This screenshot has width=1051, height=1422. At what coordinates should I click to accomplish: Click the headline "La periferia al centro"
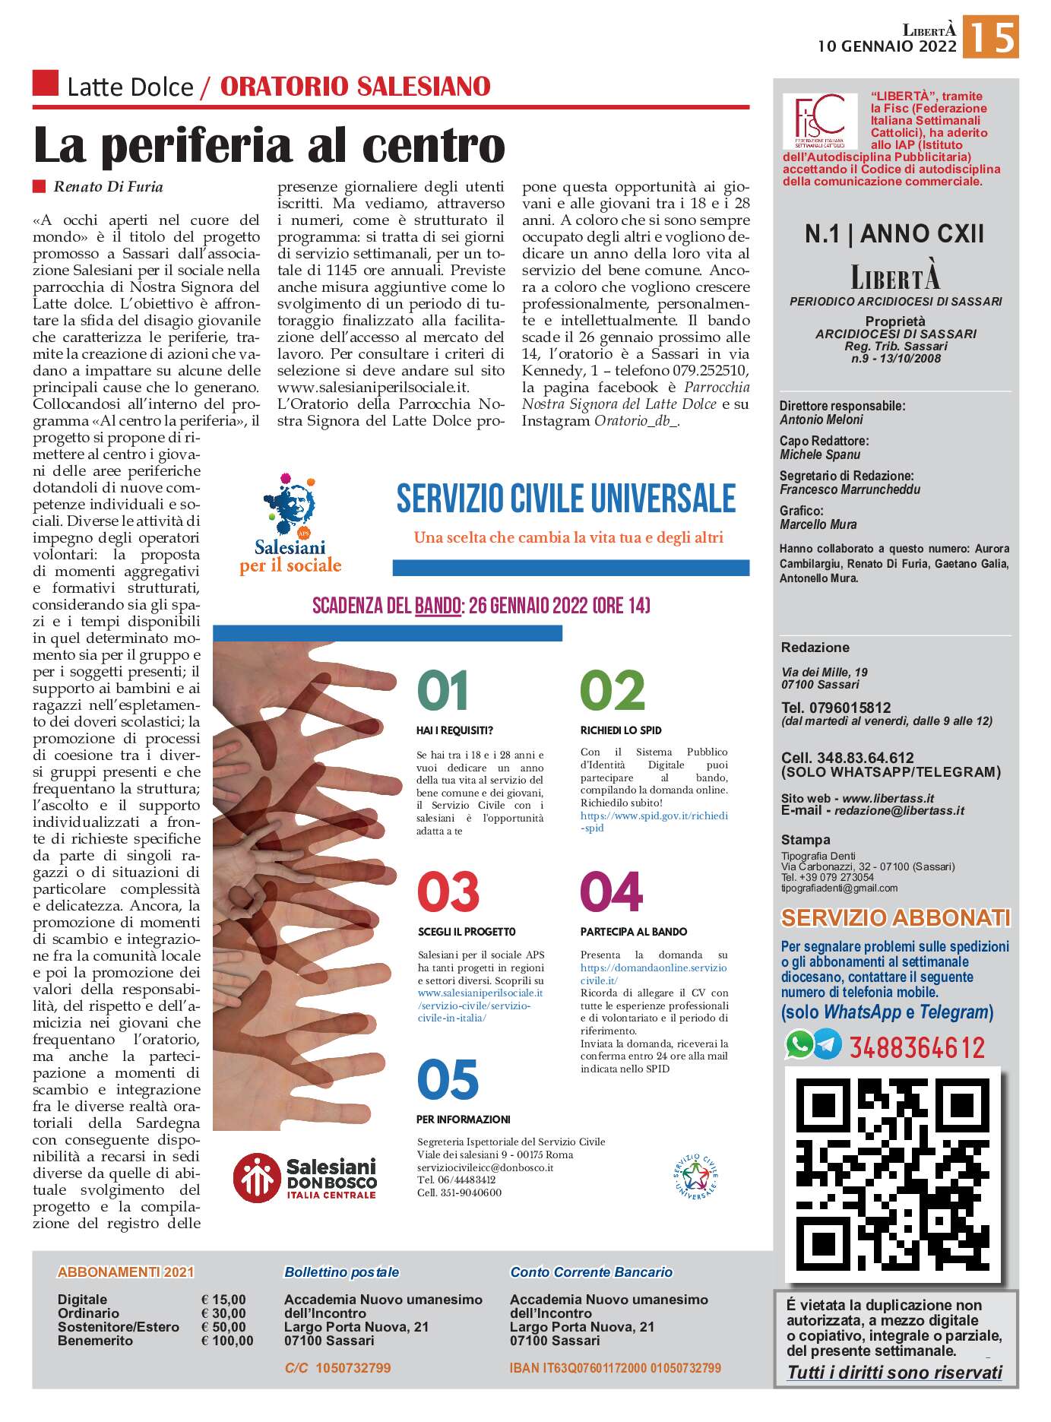coord(270,146)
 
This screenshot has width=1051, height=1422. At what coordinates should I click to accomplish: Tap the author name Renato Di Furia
coord(108,187)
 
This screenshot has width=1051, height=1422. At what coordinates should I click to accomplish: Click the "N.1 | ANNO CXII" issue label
coord(894,234)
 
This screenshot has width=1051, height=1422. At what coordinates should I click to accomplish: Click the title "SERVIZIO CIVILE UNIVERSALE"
coord(566,499)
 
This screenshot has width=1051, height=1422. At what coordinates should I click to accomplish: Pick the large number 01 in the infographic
coord(443,690)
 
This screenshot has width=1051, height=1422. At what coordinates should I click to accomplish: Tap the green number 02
coord(612,690)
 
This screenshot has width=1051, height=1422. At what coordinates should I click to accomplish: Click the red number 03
coord(448,892)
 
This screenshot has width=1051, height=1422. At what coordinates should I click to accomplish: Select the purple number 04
coord(611,892)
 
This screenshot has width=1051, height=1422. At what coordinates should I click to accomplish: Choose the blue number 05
coord(448,1080)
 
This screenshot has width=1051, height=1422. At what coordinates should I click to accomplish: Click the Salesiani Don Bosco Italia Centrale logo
coord(305,1177)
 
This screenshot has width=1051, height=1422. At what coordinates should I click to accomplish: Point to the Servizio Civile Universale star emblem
coord(695,1177)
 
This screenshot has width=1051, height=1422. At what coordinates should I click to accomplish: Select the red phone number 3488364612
coord(917,1048)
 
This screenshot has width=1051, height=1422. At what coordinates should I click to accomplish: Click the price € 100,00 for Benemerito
coord(227,1341)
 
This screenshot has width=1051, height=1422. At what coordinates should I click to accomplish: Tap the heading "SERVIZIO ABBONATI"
coord(895,918)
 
